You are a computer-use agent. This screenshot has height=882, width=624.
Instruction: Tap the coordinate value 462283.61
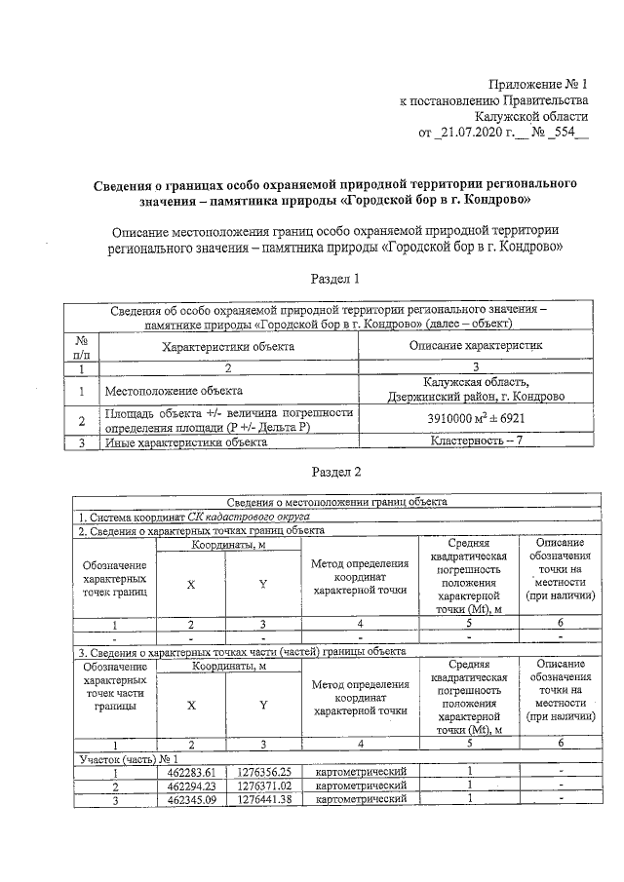(x=190, y=772)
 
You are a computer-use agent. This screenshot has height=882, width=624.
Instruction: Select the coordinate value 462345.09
(x=190, y=799)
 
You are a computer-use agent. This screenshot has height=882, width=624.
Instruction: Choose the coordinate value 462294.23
(x=190, y=786)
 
